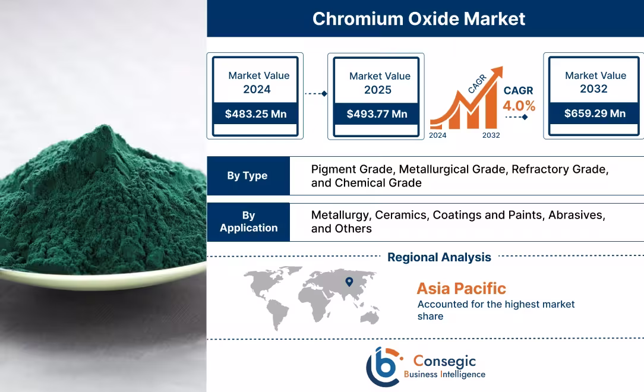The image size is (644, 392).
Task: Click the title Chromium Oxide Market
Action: click(419, 18)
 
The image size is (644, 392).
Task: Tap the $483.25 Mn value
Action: click(255, 113)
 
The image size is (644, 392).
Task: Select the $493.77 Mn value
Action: click(377, 113)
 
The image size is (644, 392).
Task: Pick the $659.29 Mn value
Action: click(595, 113)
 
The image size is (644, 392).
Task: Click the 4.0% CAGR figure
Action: click(519, 106)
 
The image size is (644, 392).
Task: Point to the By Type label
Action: click(247, 176)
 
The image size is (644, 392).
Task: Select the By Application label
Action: click(248, 222)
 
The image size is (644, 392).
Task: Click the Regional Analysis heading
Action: click(439, 257)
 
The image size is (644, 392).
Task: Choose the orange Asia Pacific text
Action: click(461, 289)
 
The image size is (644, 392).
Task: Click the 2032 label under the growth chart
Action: click(491, 135)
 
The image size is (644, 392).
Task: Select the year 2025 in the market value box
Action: click(378, 90)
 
